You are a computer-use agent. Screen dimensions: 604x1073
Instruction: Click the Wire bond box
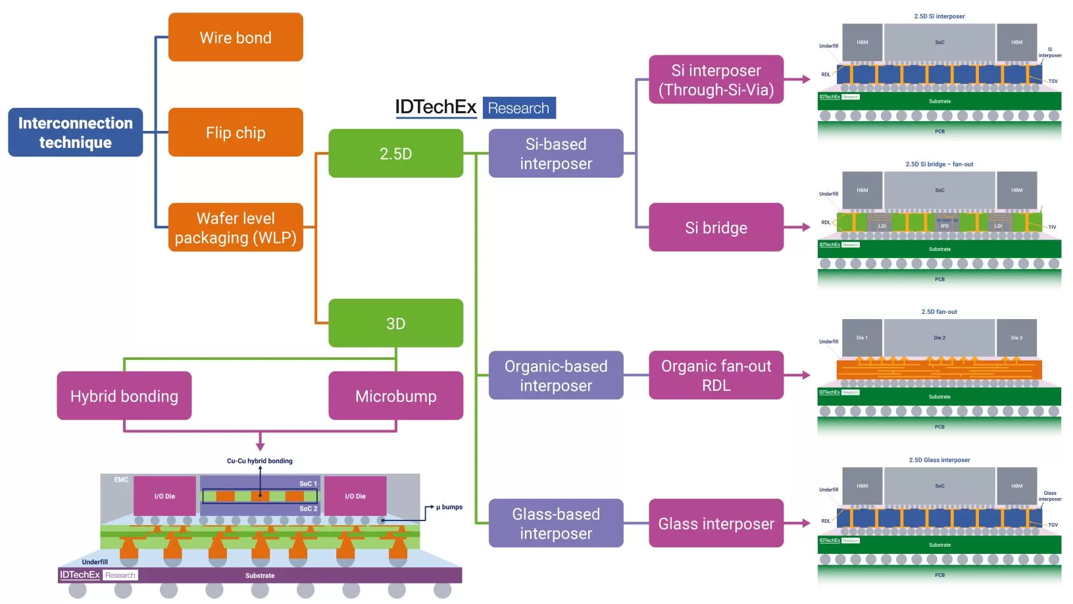pos(236,38)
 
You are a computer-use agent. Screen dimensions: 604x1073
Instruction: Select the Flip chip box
pos(236,132)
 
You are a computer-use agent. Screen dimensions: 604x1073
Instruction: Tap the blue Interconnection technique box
pos(75,132)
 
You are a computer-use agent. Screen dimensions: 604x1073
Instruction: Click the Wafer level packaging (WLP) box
pos(236,228)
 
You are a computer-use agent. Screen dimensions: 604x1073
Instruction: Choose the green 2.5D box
pos(395,153)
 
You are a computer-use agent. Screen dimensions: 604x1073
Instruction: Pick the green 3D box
pos(395,323)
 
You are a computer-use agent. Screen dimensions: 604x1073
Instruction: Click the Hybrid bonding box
pos(124,395)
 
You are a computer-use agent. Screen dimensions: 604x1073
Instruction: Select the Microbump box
pos(395,395)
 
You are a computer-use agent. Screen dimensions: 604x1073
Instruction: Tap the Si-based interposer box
pos(556,153)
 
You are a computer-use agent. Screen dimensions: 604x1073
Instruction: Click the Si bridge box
pos(716,228)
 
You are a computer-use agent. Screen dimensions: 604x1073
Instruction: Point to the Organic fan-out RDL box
pos(716,375)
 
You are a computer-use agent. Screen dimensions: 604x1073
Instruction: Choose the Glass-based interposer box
pos(556,523)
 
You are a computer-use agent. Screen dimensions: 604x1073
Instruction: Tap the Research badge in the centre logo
pos(518,108)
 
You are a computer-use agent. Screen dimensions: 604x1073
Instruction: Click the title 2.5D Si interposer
pos(939,16)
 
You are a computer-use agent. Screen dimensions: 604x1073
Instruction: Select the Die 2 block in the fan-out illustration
pos(939,338)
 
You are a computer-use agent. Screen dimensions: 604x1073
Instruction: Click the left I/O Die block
pos(164,495)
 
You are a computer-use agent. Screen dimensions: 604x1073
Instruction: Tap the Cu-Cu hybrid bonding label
pos(260,461)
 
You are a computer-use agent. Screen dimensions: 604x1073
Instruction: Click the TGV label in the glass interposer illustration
pos(1053,525)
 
